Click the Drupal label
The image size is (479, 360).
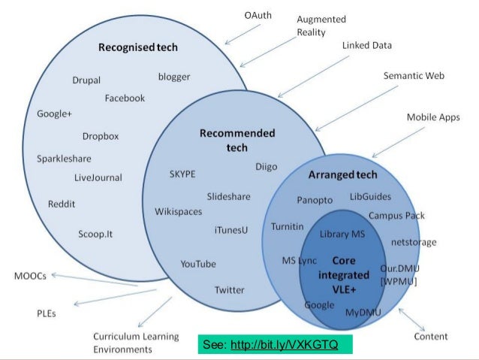[86, 80]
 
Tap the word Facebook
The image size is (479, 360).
[125, 98]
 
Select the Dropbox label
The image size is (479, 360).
[101, 136]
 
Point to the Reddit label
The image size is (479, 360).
[61, 204]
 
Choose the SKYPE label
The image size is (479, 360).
[182, 174]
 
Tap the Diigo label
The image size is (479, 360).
[267, 166]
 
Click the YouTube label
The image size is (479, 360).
[198, 264]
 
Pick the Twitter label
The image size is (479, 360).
[229, 290]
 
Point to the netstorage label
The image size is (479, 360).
[414, 242]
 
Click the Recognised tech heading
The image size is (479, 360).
[138, 47]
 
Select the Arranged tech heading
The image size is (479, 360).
[342, 175]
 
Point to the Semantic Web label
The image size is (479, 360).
[414, 76]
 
